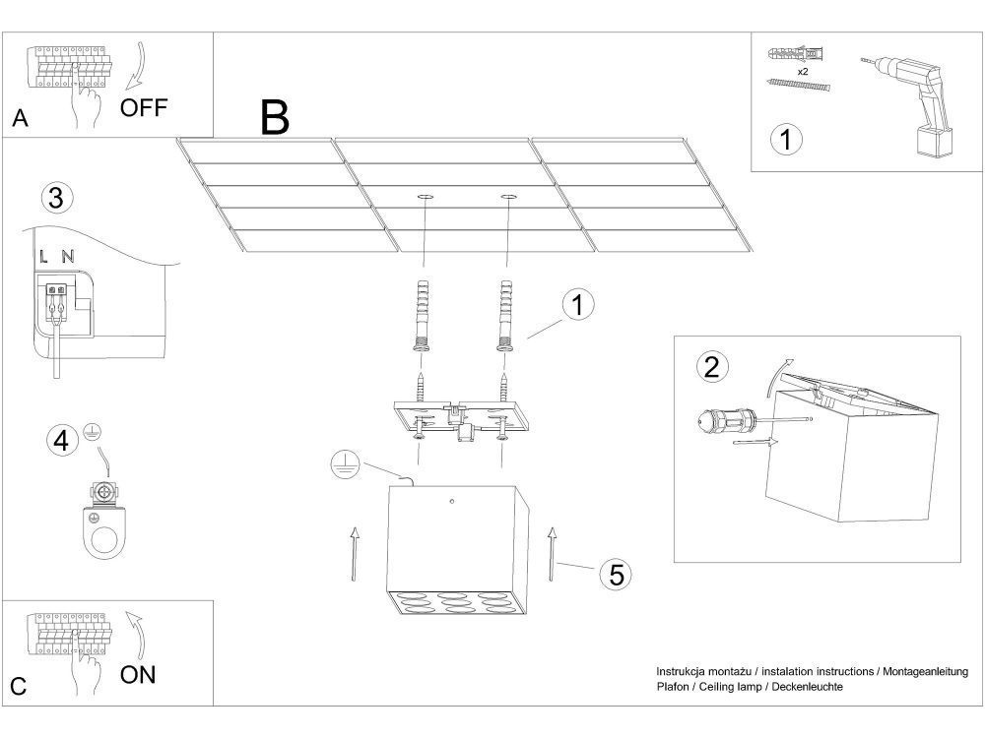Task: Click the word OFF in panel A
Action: coord(144,107)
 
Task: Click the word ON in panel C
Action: coord(138,674)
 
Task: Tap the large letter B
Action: coord(275,117)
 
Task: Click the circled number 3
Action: coord(56,198)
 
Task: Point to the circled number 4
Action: coord(62,440)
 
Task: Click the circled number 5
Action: coord(616,574)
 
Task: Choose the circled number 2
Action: coord(712,367)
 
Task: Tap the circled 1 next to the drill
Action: coord(785,140)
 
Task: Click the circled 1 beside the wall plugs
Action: coord(578,305)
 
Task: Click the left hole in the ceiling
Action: coord(426,198)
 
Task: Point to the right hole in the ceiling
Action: coord(508,198)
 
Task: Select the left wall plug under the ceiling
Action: coord(422,315)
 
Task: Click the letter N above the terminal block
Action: coord(67,257)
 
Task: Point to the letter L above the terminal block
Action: coord(44,257)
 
